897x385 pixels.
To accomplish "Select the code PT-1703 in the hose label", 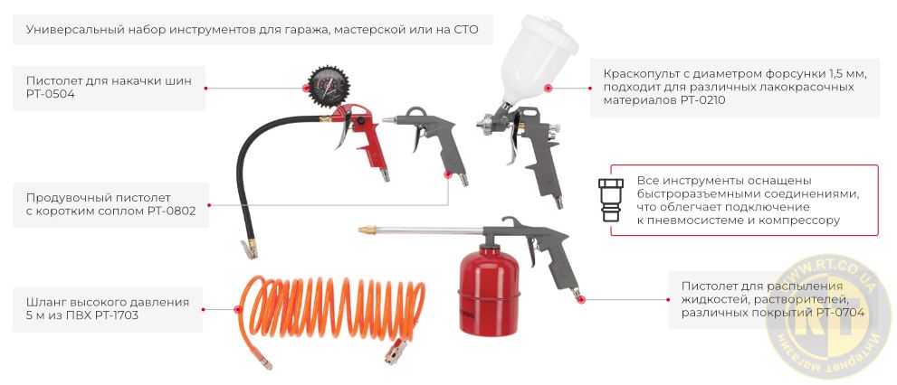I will [x=112, y=315].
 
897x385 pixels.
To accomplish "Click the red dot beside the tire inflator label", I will [x=206, y=88].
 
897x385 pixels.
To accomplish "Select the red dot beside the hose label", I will [x=206, y=308].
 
